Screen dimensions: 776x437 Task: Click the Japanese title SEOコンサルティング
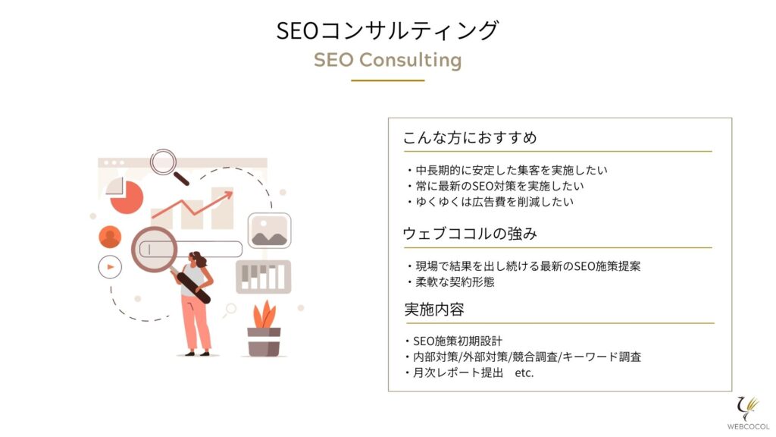(x=387, y=30)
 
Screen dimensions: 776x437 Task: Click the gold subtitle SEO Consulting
(x=387, y=60)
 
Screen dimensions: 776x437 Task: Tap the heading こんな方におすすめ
(x=470, y=137)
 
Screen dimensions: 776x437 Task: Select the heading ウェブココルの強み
(x=470, y=234)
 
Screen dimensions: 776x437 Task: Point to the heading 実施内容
(x=434, y=310)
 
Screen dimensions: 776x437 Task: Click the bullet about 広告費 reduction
(x=490, y=202)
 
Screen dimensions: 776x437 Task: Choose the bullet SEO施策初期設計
(x=453, y=341)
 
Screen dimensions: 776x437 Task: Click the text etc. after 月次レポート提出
(x=524, y=373)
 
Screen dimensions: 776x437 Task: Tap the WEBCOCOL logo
(x=748, y=413)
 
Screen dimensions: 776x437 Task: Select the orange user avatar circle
(x=110, y=237)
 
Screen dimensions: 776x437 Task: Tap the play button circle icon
(x=110, y=267)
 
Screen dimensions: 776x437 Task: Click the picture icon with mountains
(x=269, y=231)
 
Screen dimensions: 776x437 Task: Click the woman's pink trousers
(x=195, y=322)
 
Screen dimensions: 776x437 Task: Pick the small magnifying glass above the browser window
(x=169, y=166)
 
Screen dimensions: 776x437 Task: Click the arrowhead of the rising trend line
(x=228, y=195)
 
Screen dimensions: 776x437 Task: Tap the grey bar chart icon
(x=263, y=277)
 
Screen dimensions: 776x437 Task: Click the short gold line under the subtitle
(x=388, y=80)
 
